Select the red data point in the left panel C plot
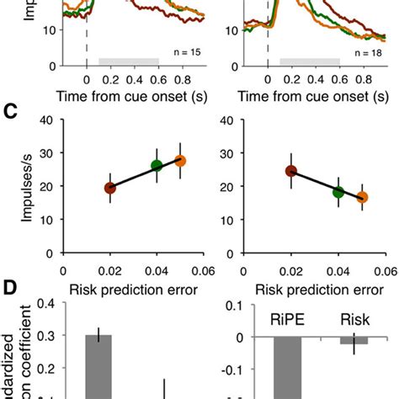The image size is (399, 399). pyautogui.click(x=109, y=188)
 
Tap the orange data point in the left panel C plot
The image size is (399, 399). pyautogui.click(x=179, y=161)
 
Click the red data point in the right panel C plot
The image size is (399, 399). pyautogui.click(x=291, y=171)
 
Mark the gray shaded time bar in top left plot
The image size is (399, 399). pyautogui.click(x=129, y=61)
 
